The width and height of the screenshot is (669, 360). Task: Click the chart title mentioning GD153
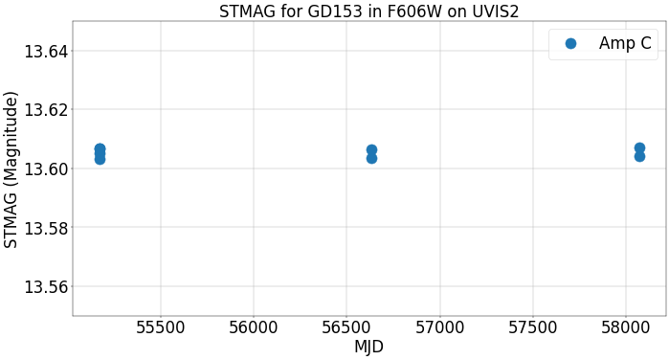point(368,11)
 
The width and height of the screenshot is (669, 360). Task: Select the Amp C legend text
point(625,43)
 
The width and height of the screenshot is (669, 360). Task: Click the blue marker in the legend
point(570,43)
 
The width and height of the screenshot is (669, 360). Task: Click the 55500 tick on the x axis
point(161,327)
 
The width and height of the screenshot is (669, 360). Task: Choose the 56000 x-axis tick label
point(254,327)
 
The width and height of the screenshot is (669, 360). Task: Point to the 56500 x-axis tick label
point(346,327)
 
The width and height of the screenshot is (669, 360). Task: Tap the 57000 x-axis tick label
point(439,327)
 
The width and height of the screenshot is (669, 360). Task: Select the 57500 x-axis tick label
point(532,327)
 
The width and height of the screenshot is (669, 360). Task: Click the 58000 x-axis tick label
point(625,327)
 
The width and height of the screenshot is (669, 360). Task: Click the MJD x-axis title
point(368,347)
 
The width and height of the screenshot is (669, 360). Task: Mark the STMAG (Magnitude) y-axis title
point(11,169)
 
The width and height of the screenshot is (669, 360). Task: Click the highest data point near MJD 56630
point(371,150)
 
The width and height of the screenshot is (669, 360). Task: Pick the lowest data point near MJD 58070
point(639,156)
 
